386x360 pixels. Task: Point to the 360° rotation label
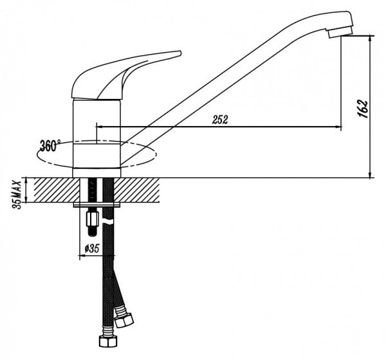pyautogui.click(x=50, y=145)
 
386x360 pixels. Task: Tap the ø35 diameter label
pyautogui.click(x=91, y=249)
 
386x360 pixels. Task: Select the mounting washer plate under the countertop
pyautogui.click(x=97, y=205)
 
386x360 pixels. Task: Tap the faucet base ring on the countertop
pyautogui.click(x=96, y=171)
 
